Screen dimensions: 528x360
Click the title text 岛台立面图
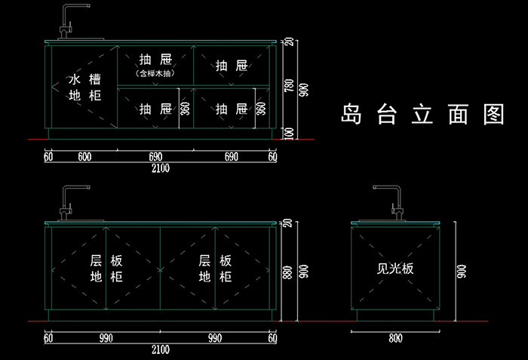422,114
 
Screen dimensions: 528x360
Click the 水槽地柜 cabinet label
84,88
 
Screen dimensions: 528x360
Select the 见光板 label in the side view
395,269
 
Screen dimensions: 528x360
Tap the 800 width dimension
395,338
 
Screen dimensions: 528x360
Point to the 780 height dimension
289,85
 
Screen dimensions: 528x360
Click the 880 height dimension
287,272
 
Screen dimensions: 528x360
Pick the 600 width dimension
84,157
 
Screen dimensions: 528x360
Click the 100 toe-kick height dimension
289,134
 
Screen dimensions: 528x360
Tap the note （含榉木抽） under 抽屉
155,73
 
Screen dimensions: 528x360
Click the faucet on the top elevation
73,22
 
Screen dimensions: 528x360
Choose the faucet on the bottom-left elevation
73,202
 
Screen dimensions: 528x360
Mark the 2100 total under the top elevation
160,168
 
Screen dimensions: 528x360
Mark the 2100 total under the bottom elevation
160,349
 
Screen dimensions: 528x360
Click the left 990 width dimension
106,338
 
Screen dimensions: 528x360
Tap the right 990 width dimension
215,338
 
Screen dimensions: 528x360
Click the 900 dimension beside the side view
462,272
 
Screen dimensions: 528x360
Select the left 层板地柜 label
106,269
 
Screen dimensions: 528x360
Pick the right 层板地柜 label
215,269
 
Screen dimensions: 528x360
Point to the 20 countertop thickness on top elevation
289,42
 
